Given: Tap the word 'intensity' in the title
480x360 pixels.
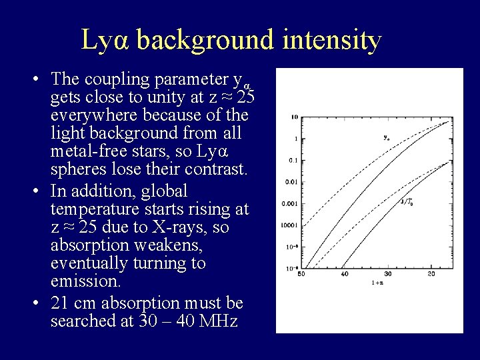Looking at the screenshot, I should tap(327, 41).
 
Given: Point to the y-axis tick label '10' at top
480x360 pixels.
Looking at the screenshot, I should tap(294, 117).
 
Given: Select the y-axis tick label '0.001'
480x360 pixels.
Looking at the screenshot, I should tap(291, 203).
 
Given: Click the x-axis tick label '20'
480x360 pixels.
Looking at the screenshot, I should tap(431, 273).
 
